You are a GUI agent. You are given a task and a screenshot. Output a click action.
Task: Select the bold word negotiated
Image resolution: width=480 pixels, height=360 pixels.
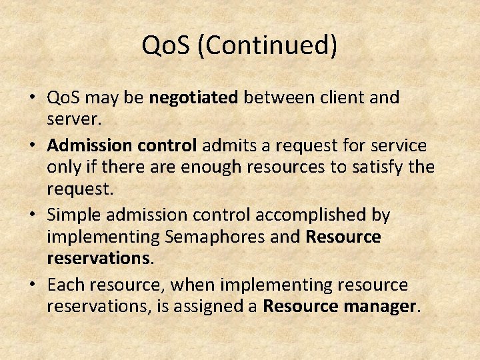193,98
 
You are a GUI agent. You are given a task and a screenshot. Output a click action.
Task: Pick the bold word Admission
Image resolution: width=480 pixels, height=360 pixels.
86,145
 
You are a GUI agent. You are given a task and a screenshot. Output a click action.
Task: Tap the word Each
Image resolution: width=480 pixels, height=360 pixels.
65,285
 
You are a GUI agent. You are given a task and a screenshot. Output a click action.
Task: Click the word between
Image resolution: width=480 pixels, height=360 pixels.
274,98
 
